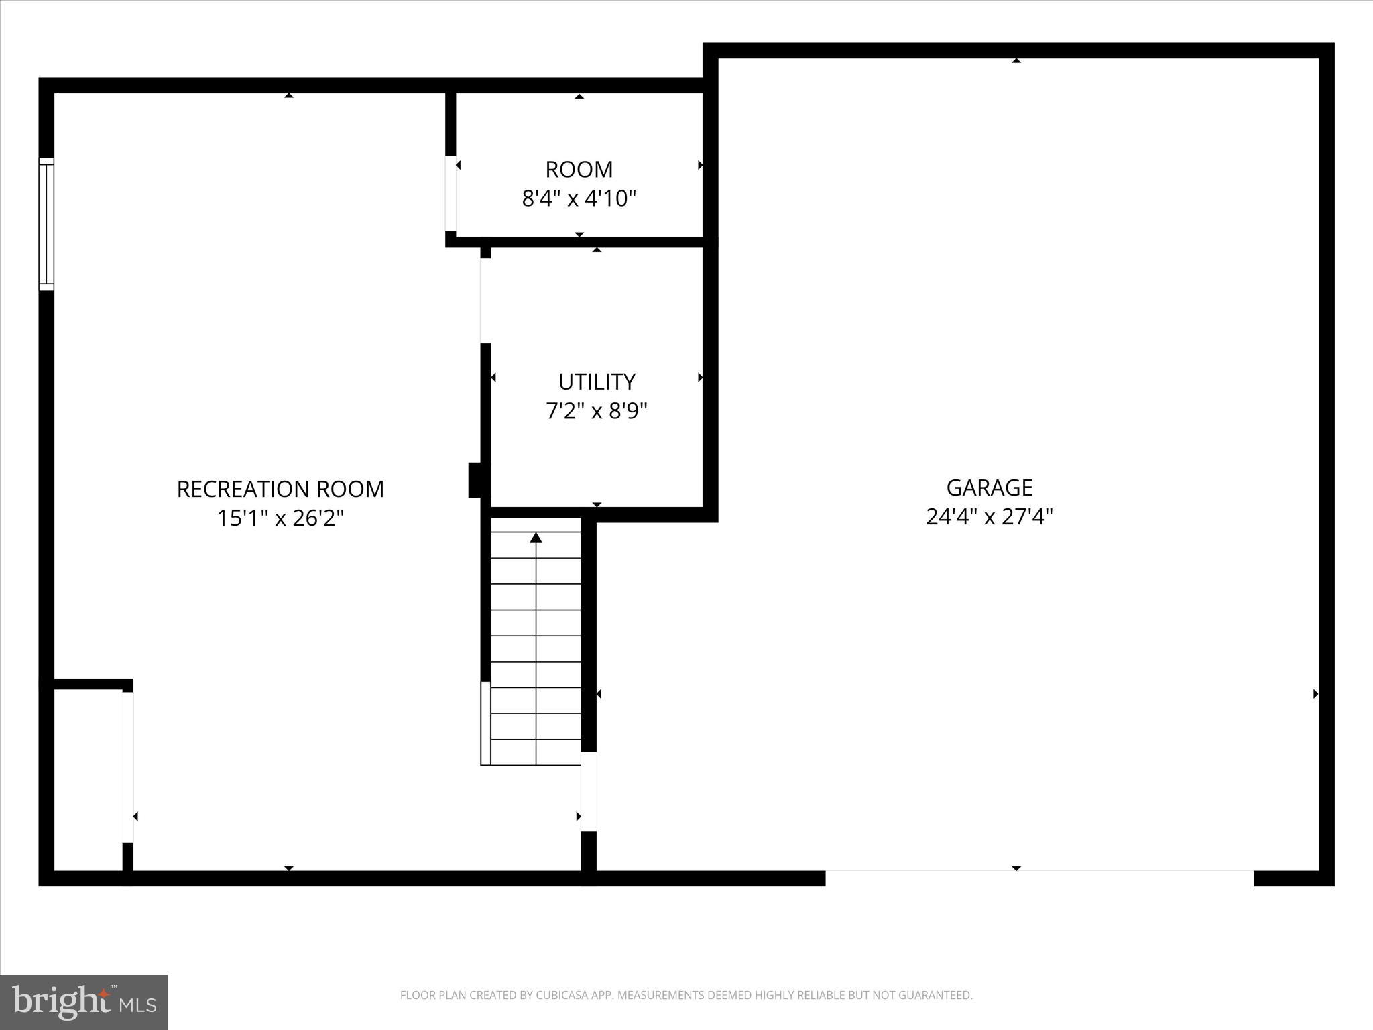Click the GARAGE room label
click(989, 488)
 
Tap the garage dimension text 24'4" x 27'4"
click(989, 517)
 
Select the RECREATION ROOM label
click(280, 490)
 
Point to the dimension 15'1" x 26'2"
click(280, 518)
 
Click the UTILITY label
click(597, 382)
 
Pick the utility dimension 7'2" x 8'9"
click(597, 411)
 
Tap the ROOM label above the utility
click(579, 170)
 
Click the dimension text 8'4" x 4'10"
click(579, 199)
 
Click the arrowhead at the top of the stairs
click(536, 538)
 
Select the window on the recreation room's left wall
click(46, 224)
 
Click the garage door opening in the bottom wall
click(1039, 878)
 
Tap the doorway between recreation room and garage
click(588, 791)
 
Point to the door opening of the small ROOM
click(451, 193)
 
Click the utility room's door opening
click(485, 300)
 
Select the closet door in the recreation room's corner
click(127, 766)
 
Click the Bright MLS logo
click(84, 1002)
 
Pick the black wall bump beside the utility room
click(475, 480)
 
